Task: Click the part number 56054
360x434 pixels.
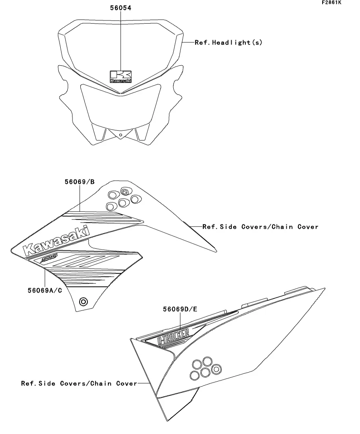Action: click(121, 8)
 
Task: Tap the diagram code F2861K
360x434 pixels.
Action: click(331, 3)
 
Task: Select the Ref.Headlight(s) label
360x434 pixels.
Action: click(228, 42)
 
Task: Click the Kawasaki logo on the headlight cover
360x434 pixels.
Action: click(121, 76)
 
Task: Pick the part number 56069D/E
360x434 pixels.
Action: click(180, 309)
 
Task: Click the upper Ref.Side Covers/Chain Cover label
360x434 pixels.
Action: click(260, 227)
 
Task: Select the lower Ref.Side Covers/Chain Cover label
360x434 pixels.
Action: click(79, 383)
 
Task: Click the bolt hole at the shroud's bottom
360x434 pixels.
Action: click(83, 302)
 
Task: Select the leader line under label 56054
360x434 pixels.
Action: click(121, 39)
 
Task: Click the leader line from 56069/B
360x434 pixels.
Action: click(80, 199)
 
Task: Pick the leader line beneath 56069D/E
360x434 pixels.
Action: click(180, 320)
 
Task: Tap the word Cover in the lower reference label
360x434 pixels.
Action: click(126, 383)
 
